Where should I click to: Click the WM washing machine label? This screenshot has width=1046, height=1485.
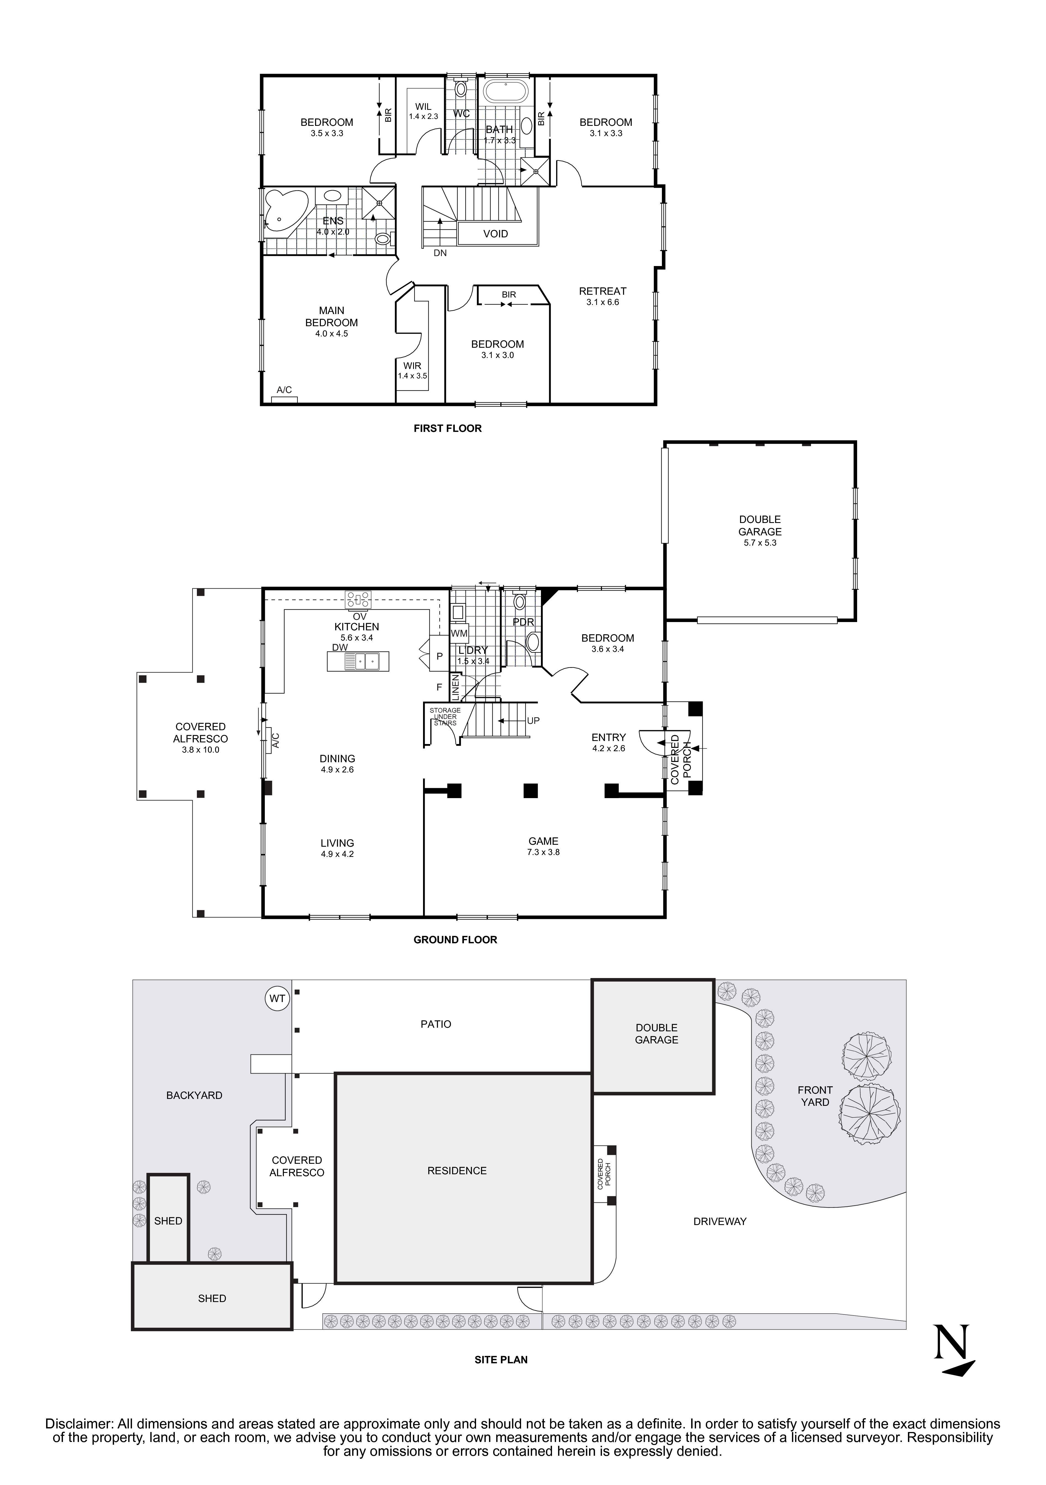coord(459,633)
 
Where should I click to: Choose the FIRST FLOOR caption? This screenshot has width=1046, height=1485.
coord(447,428)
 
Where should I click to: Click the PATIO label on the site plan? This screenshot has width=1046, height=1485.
coord(436,1024)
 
